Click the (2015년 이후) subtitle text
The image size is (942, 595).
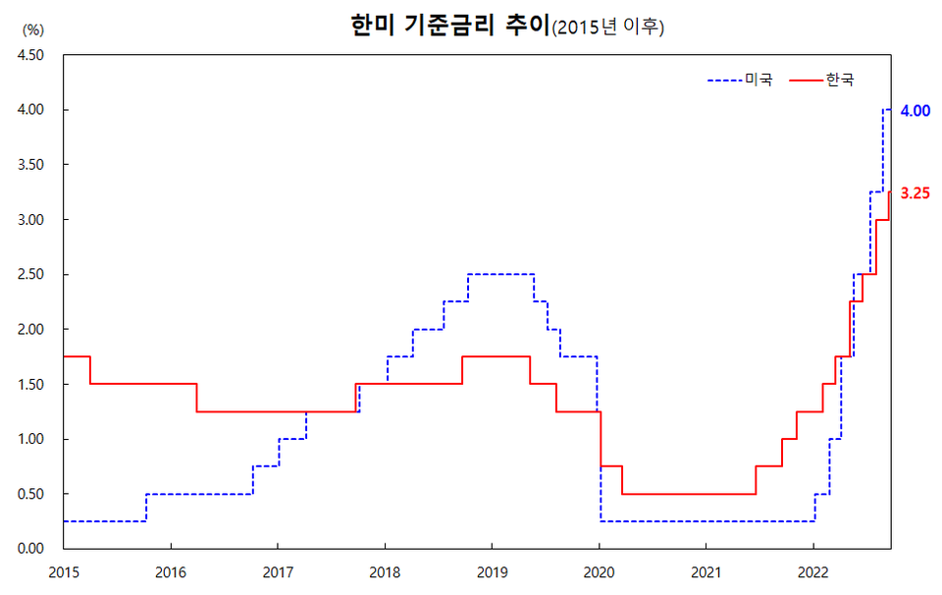[608, 28]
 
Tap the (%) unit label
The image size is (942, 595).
[32, 29]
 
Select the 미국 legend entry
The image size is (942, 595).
[759, 80]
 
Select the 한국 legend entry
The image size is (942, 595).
[839, 80]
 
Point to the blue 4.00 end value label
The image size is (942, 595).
[915, 111]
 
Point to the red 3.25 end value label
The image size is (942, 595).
[915, 194]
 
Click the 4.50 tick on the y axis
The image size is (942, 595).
[30, 55]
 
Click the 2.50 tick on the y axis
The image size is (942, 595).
[30, 274]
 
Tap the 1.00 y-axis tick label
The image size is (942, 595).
[30, 439]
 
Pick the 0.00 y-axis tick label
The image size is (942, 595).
[30, 548]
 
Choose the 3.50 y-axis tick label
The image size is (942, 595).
[30, 165]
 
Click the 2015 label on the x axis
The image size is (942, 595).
[64, 569]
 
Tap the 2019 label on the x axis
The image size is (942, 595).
[492, 569]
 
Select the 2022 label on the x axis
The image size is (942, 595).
[812, 569]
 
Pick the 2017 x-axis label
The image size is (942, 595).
[278, 569]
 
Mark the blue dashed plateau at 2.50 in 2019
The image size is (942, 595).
[500, 274]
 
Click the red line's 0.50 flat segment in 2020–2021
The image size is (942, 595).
[687, 494]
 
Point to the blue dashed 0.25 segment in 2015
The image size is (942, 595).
[103, 521]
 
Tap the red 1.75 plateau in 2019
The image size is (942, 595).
[496, 356]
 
